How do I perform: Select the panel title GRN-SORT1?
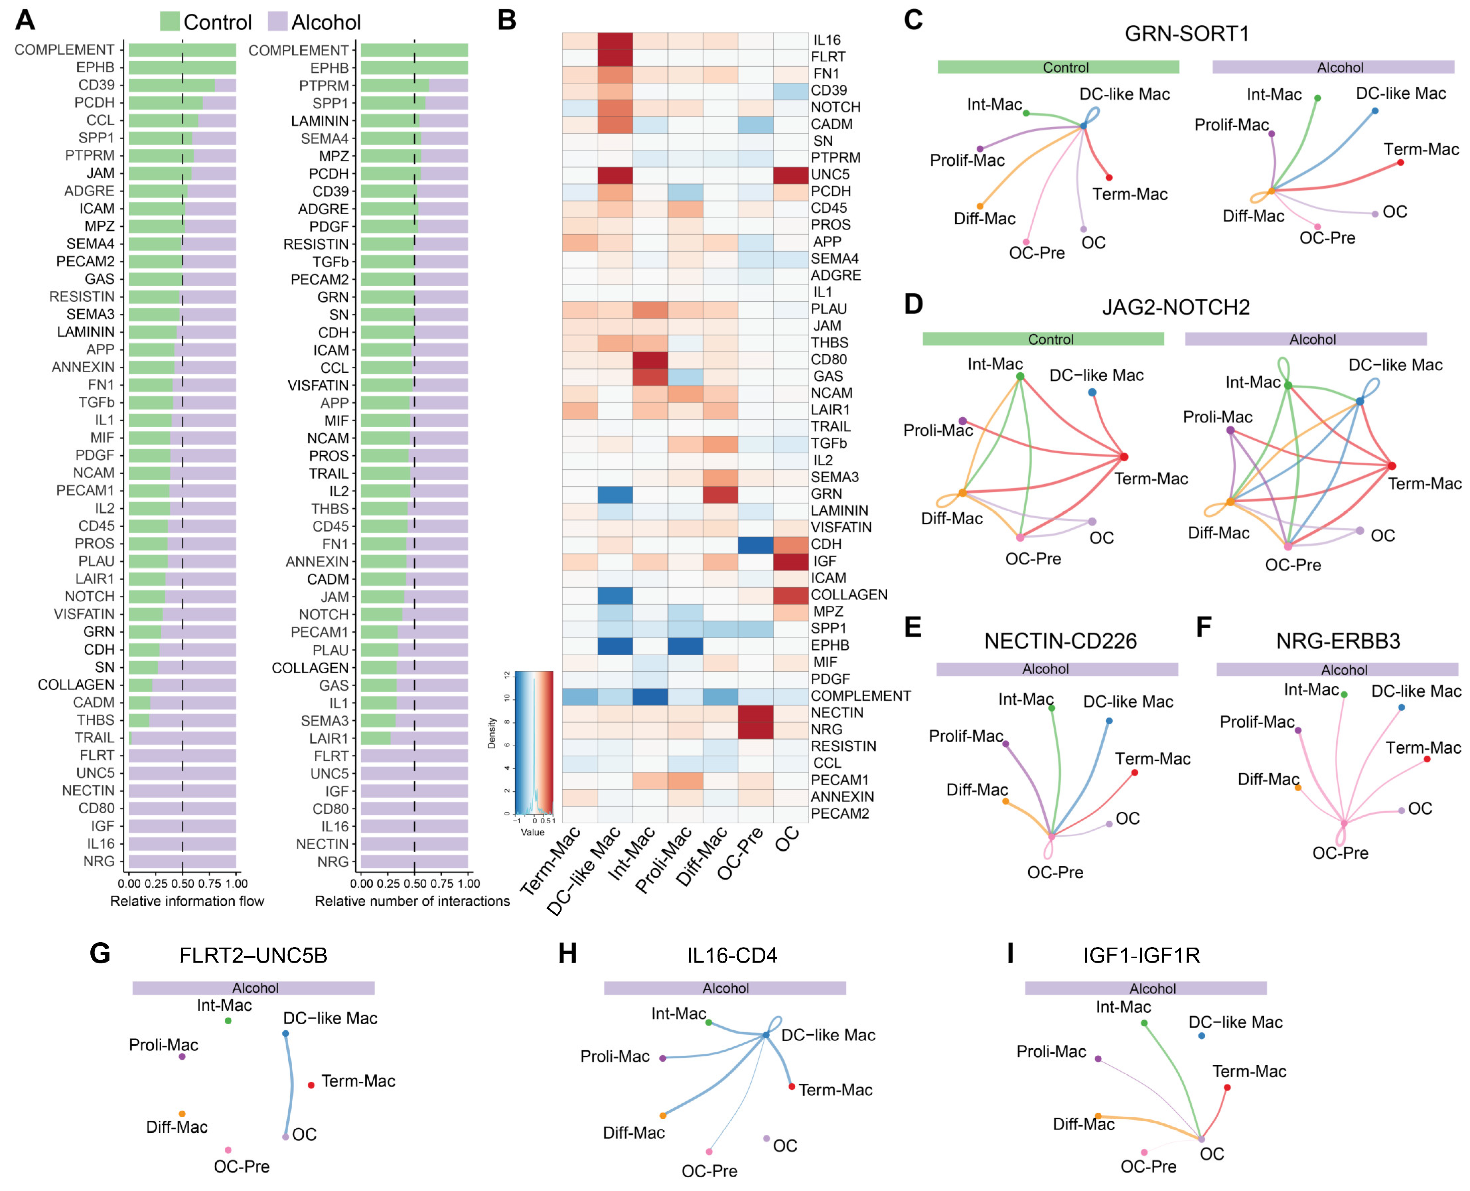(x=1186, y=33)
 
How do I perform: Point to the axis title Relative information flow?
(x=187, y=901)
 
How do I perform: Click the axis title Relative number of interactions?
(x=412, y=901)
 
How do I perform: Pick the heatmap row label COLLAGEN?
(x=849, y=595)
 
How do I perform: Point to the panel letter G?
(x=100, y=954)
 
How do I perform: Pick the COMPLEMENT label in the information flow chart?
(x=65, y=50)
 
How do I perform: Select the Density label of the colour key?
(x=491, y=733)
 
